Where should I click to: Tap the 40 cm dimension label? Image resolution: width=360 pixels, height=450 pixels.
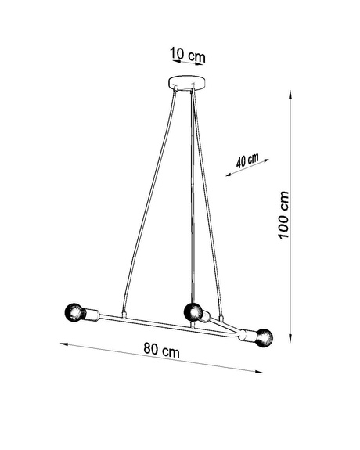click(247, 160)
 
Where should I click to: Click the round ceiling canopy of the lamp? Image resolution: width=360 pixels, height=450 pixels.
click(187, 81)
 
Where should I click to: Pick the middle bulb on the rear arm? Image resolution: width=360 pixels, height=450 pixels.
click(190, 312)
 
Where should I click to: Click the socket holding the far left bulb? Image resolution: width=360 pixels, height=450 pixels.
click(89, 315)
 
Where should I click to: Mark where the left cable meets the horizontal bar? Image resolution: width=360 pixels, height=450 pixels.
click(119, 316)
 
